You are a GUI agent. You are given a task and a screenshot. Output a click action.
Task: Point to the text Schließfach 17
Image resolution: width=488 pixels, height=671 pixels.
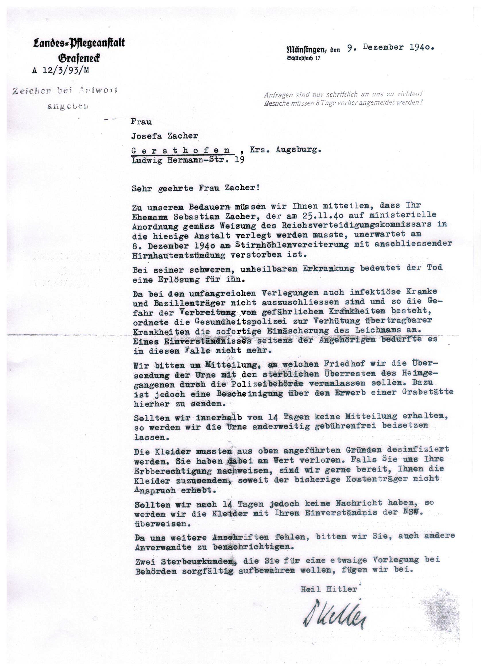pyautogui.click(x=303, y=58)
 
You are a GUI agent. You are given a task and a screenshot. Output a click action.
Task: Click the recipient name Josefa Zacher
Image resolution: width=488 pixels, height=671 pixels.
pyautogui.click(x=165, y=136)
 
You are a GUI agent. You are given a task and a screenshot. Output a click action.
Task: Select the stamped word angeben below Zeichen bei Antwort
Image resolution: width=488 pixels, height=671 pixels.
pyautogui.click(x=67, y=106)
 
